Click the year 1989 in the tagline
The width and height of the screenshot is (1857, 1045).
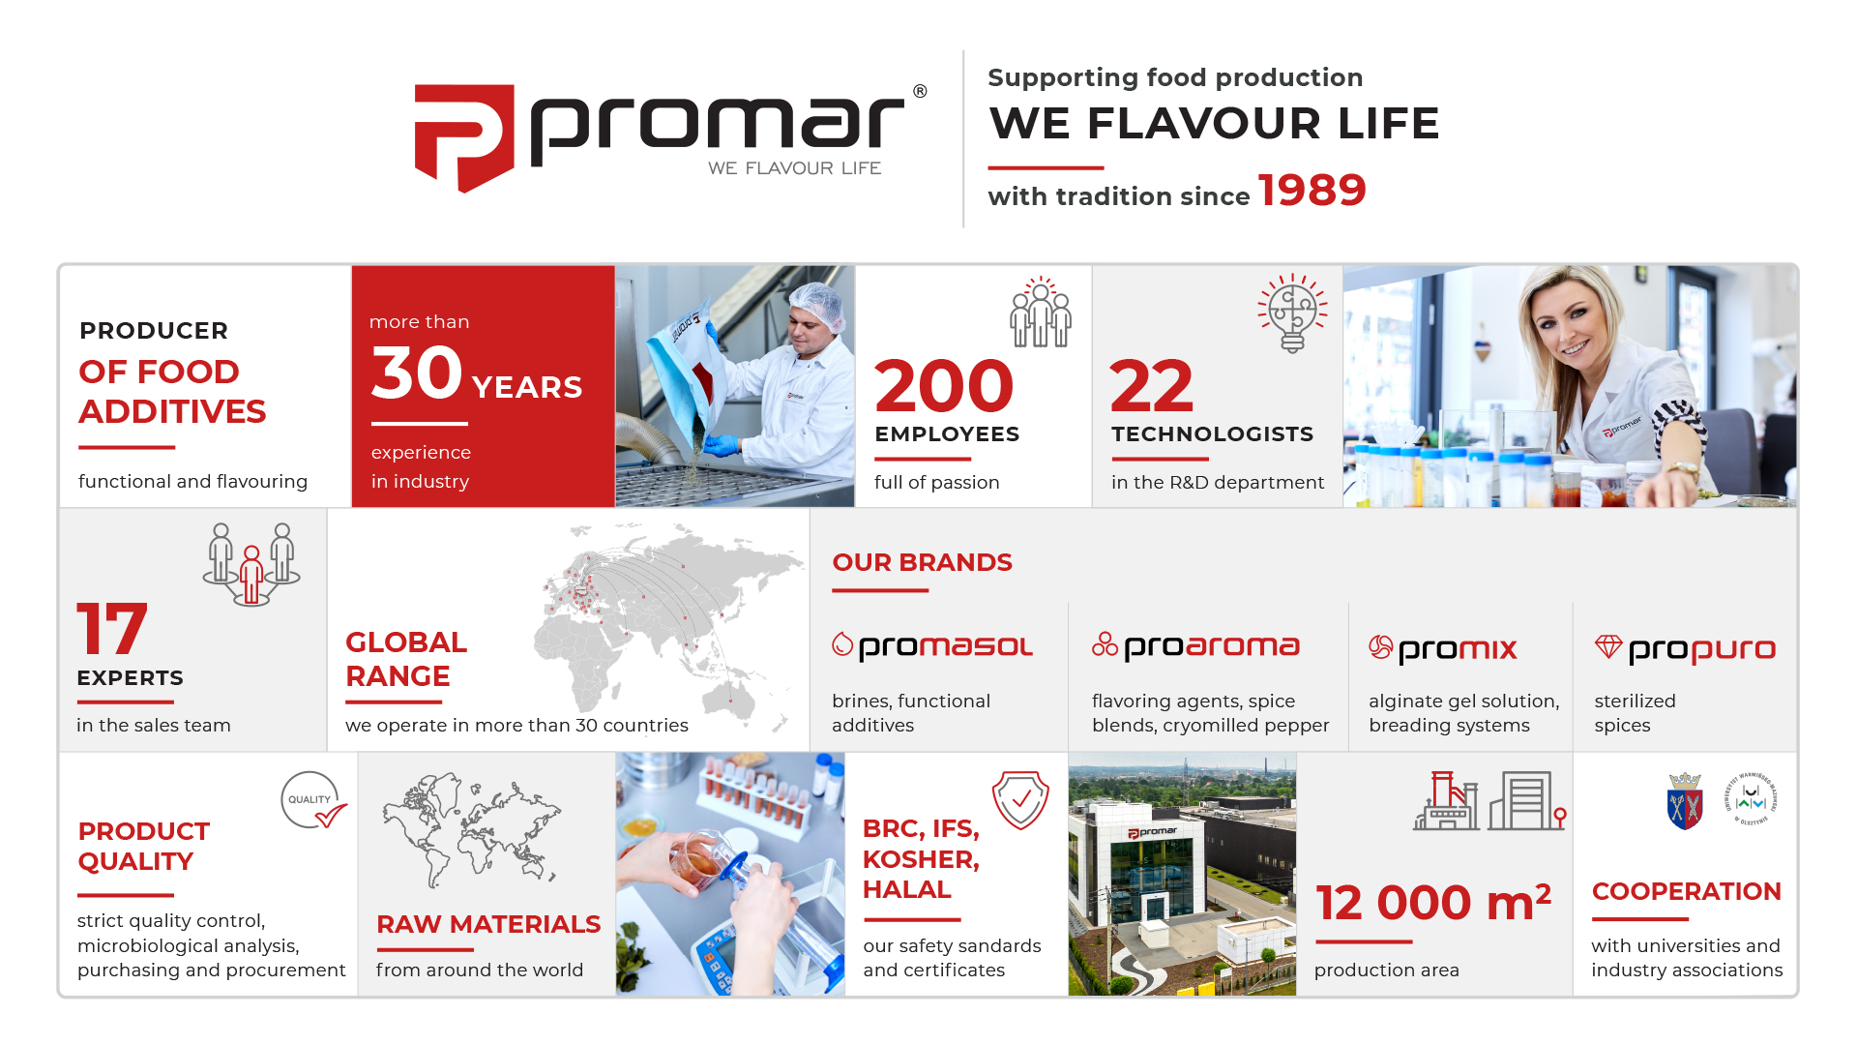1312,190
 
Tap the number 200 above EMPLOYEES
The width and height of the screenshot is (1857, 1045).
944,386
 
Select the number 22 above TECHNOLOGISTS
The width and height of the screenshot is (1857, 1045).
1152,386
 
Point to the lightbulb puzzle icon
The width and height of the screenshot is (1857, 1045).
1292,313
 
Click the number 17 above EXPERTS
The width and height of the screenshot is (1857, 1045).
112,629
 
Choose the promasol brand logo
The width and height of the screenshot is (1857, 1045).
932,646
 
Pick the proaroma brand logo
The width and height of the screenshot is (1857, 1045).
1195,646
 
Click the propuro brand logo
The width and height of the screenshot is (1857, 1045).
1685,648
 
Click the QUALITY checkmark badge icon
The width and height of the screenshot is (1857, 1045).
313,801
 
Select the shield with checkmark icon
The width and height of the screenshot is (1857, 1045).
1020,800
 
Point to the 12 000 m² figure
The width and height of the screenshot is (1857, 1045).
1433,903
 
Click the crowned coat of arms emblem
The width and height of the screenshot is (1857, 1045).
1685,801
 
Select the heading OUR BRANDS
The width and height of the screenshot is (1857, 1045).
922,562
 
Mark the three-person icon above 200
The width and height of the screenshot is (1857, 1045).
1041,312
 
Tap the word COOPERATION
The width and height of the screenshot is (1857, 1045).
1686,891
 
